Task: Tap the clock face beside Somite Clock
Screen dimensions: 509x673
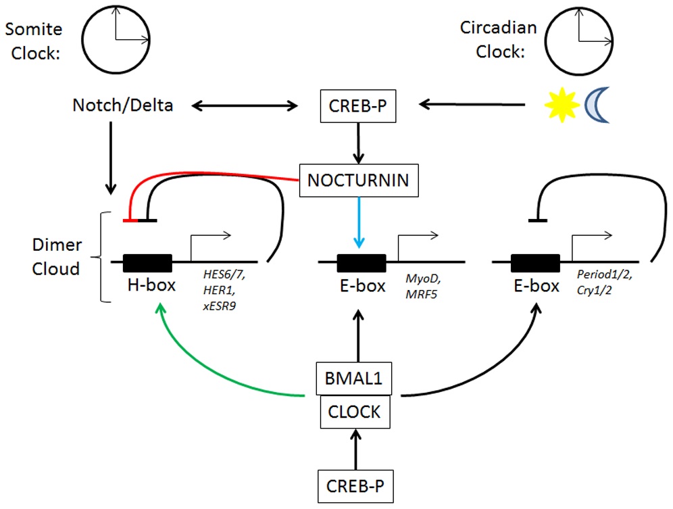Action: click(116, 39)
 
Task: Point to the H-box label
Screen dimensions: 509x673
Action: click(151, 285)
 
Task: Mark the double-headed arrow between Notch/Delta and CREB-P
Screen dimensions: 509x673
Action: click(245, 105)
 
